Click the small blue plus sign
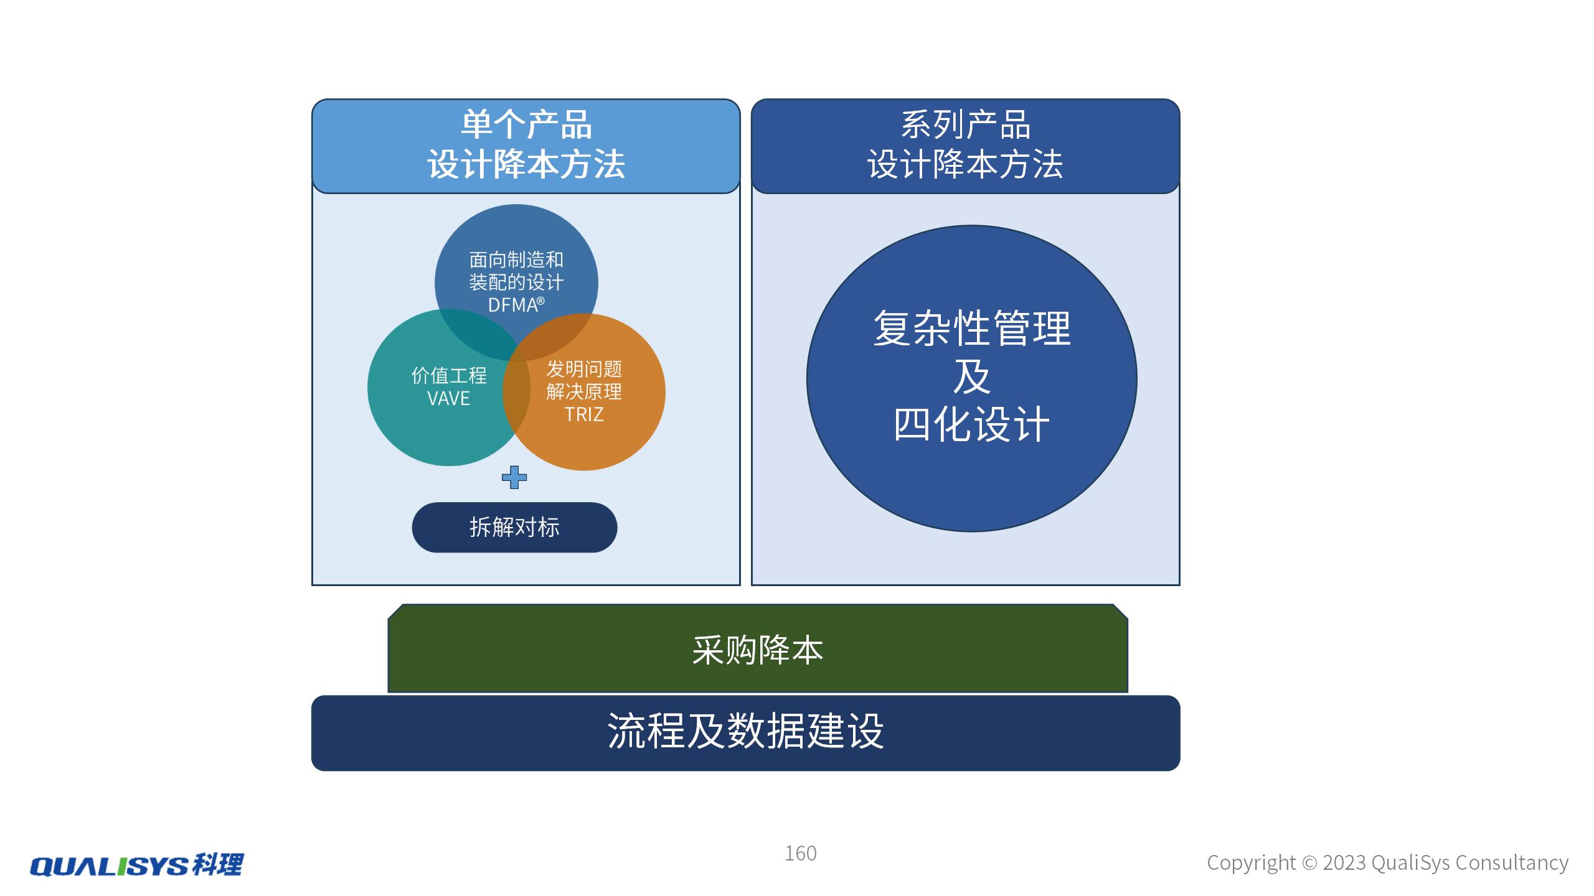[x=514, y=477]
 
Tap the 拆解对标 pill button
[x=514, y=527]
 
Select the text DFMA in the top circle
[x=512, y=306]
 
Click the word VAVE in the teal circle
[x=448, y=398]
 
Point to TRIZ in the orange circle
[x=583, y=414]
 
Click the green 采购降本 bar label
[x=757, y=650]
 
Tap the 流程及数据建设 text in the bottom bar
[x=745, y=731]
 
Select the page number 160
[x=800, y=853]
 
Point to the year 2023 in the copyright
[x=1344, y=863]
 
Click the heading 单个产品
[x=526, y=124]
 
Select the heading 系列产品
[x=965, y=124]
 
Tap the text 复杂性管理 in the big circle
[x=971, y=328]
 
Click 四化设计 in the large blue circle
[x=971, y=425]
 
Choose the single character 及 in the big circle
[x=971, y=376]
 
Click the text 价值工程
[x=448, y=375]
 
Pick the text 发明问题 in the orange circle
[x=583, y=369]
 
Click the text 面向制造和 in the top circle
[x=516, y=259]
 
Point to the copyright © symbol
[x=1309, y=863]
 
